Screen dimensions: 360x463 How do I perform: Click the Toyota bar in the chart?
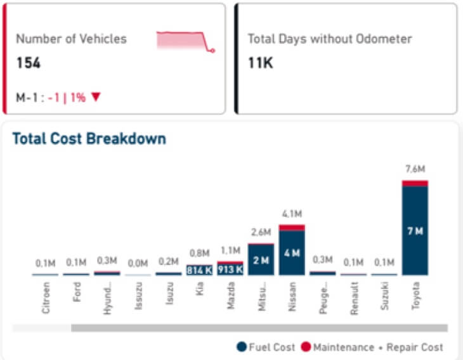[x=415, y=231]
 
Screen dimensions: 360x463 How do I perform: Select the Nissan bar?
[x=292, y=252]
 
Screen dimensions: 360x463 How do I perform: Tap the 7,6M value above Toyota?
[x=415, y=169]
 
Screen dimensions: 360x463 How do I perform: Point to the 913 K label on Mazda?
[x=230, y=269]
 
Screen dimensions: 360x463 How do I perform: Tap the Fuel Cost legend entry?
[x=266, y=347]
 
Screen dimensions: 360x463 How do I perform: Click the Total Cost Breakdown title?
[x=89, y=138]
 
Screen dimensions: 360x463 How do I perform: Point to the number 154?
[x=28, y=63]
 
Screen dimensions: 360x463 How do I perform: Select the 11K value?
[x=260, y=63]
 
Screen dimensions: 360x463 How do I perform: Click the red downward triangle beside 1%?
[x=96, y=97]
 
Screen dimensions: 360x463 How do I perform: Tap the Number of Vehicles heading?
[x=71, y=39]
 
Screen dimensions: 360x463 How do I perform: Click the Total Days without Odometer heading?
[x=329, y=39]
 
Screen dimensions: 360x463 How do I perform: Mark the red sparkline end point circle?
[x=212, y=50]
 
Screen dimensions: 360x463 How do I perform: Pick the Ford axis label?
[x=77, y=295]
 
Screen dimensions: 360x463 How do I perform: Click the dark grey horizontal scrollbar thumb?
[x=259, y=328]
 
